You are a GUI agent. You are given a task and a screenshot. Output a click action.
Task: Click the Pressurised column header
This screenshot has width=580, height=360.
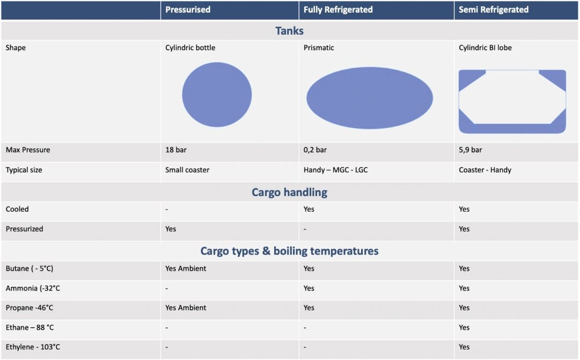pos(188,9)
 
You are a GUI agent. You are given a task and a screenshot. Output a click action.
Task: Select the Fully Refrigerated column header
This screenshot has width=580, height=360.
pos(338,9)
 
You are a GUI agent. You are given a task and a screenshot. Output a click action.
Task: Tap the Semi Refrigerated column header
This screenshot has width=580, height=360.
pos(493,9)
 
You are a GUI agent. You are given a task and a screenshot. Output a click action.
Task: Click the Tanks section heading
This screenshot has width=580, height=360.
pos(290,31)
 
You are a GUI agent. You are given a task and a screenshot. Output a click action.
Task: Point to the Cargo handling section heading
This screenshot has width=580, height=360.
pos(290,192)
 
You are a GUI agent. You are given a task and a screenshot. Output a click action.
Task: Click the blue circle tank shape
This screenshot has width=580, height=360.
pos(217,94)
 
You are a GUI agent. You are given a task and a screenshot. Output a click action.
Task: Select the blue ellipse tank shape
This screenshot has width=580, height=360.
pos(370,98)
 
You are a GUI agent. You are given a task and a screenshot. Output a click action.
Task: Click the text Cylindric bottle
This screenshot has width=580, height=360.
pos(190,48)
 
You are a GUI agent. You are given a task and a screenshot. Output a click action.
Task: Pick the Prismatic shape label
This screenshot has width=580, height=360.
pos(319,48)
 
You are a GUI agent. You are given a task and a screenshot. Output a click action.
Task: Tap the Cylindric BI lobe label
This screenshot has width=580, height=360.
pos(485,48)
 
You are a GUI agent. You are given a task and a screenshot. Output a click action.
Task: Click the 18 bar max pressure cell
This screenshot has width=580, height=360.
pos(176,150)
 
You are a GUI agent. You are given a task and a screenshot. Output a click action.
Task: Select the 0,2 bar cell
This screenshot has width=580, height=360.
pos(315,150)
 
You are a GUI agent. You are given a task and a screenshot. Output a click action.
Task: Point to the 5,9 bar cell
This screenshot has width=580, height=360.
pos(470,150)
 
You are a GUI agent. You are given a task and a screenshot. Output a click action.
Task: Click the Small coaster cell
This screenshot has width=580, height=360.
pos(187,170)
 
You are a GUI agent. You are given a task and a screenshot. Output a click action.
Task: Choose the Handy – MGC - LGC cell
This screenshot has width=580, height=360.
pos(335,170)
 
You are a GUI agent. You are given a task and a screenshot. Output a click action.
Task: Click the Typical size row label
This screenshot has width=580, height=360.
pos(24,170)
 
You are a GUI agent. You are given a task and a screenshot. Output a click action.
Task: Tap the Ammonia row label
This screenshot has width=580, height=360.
pos(33,288)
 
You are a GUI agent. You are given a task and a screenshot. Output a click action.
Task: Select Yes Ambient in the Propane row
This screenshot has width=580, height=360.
pos(186,308)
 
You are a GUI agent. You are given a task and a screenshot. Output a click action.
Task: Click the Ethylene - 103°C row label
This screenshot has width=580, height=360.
pos(33,347)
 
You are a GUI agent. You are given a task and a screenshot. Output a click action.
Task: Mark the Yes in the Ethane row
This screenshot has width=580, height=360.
pos(464,327)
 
